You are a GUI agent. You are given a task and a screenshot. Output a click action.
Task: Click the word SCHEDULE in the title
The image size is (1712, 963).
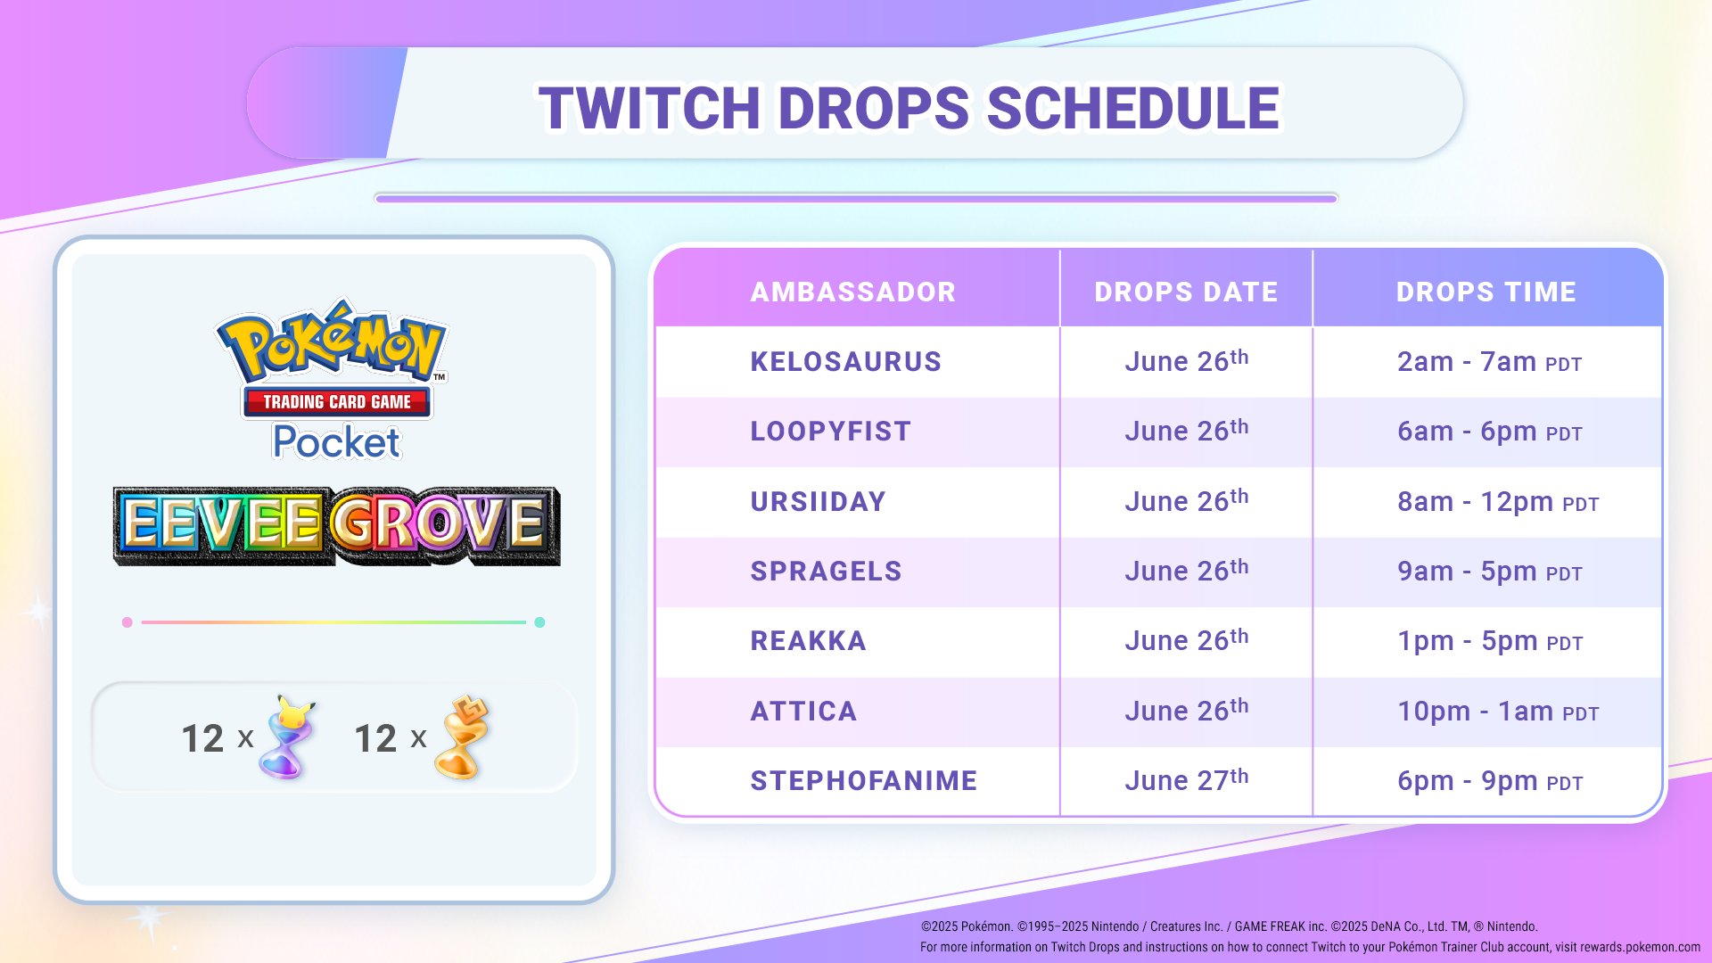click(1132, 108)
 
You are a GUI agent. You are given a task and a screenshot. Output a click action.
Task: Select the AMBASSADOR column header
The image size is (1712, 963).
click(852, 292)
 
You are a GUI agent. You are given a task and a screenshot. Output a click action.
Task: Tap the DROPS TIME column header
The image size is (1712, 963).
click(1486, 292)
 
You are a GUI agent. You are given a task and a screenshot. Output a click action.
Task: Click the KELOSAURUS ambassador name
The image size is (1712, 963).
click(845, 361)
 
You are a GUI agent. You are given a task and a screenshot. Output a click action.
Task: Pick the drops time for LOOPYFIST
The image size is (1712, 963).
click(1489, 432)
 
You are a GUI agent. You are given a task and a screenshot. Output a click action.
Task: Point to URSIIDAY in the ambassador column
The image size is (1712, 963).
click(818, 501)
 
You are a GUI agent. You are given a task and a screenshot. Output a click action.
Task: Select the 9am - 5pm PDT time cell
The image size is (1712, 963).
click(1489, 572)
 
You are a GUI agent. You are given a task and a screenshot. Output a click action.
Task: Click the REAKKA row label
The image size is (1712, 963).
click(808, 640)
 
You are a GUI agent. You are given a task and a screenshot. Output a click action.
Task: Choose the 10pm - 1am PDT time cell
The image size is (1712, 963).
click(1497, 712)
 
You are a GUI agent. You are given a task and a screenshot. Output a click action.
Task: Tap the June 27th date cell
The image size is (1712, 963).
click(1186, 780)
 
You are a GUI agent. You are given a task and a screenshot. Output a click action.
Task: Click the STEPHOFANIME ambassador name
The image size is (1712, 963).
click(863, 780)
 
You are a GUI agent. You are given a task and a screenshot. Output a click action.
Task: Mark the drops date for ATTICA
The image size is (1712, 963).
click(1186, 711)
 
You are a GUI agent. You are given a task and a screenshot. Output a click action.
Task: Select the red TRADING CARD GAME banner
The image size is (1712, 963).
click(336, 402)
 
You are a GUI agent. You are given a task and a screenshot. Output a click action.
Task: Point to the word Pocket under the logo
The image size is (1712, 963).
click(336, 442)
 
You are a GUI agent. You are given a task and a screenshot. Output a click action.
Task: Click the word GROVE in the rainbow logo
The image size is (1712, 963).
click(441, 524)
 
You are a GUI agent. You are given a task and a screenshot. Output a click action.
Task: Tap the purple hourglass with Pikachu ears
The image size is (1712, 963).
click(287, 738)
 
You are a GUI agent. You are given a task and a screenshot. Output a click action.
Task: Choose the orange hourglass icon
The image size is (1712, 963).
click(461, 738)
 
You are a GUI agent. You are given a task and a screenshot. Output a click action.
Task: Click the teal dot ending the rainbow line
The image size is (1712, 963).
click(539, 622)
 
